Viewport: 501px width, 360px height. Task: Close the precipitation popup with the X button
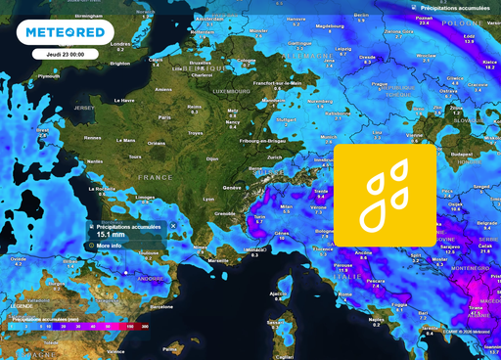[173, 226]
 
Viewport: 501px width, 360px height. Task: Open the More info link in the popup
[110, 247]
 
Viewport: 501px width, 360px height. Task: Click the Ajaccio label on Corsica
[278, 292]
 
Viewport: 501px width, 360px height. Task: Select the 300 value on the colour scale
[145, 325]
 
